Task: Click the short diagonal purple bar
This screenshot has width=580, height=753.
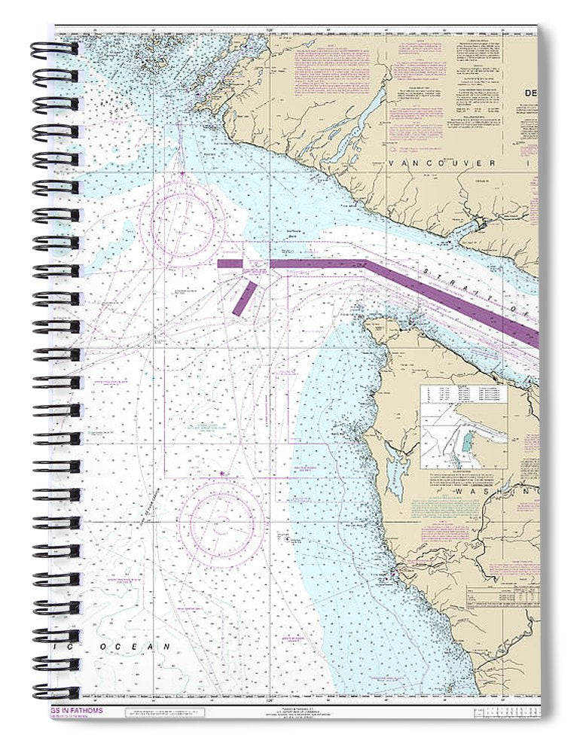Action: point(244,299)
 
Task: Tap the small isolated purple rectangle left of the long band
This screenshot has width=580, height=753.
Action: point(230,264)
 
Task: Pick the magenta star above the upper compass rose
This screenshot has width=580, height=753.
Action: point(182,174)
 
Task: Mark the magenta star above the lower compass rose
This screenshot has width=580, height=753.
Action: point(221,474)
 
